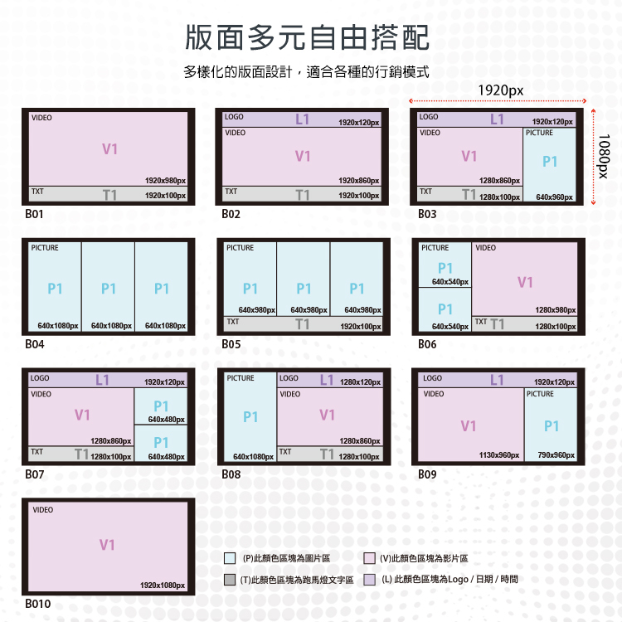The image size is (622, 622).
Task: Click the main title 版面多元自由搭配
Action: (x=307, y=37)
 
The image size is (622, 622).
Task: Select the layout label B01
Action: (x=34, y=214)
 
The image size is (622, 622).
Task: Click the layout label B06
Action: (x=427, y=344)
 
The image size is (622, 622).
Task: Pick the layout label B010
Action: (x=37, y=604)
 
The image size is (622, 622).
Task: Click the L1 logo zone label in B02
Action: (x=302, y=119)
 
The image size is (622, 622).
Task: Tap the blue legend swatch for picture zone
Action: (x=230, y=559)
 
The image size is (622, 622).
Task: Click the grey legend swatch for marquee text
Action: (x=230, y=580)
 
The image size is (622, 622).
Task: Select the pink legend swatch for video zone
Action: (x=370, y=559)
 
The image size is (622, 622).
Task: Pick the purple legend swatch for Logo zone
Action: (x=370, y=580)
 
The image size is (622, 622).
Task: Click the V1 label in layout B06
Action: (x=525, y=283)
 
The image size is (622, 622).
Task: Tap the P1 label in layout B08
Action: (x=250, y=418)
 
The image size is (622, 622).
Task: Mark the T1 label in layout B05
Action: (x=303, y=324)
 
